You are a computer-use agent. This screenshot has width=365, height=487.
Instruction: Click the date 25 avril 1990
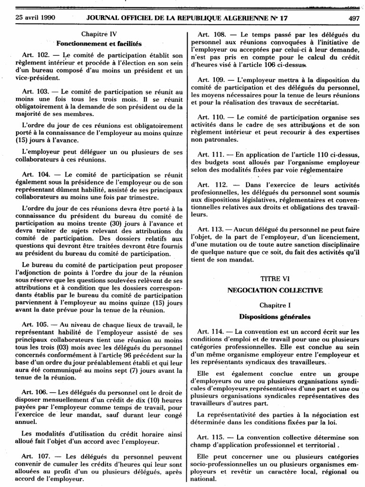pos(29,18)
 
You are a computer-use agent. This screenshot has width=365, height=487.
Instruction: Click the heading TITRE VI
pos(275,279)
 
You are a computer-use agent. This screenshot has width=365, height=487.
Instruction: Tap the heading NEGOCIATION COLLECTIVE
pos(275,290)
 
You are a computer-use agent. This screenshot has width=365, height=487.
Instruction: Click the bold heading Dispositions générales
pos(275,316)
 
